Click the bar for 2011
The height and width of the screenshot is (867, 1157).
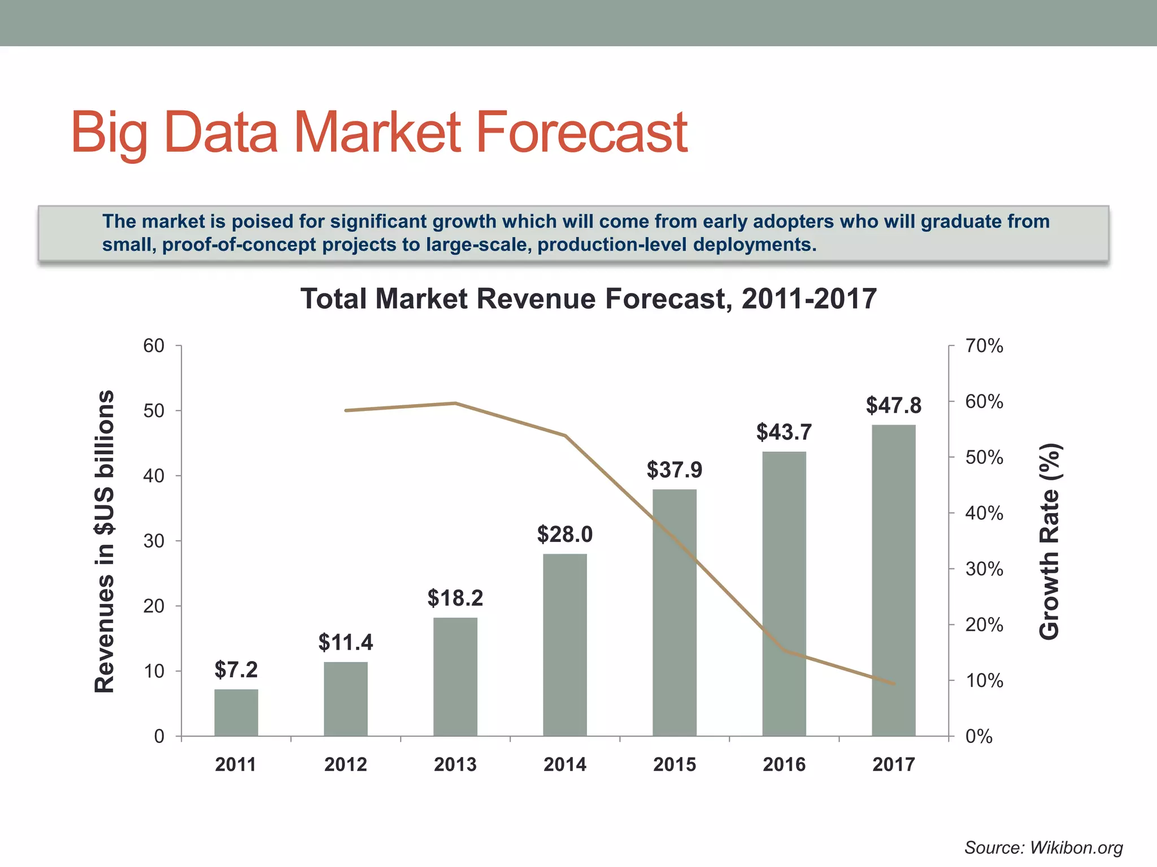click(x=236, y=712)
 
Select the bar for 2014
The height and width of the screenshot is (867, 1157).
click(x=565, y=645)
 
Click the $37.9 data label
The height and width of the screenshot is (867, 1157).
click(x=675, y=470)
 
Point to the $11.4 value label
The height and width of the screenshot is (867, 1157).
click(x=346, y=642)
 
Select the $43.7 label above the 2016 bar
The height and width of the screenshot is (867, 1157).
click(x=784, y=432)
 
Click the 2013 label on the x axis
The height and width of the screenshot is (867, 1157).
click(x=455, y=764)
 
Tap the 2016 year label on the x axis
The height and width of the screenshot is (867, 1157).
click(x=784, y=764)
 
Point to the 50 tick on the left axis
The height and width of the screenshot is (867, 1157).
click(x=154, y=411)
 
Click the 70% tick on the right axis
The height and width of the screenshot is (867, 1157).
click(x=984, y=346)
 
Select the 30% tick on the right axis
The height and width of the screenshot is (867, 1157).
click(x=984, y=569)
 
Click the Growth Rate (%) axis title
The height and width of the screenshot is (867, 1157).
click(x=1050, y=542)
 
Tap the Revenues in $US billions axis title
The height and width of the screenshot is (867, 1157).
click(x=105, y=542)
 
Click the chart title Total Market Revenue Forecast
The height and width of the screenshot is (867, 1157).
click(x=588, y=299)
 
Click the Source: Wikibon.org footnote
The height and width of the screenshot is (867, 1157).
click(x=1043, y=847)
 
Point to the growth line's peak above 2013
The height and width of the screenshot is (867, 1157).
click(x=455, y=403)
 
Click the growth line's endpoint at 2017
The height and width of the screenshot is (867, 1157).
click(x=894, y=684)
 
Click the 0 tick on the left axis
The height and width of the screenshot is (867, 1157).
click(x=159, y=736)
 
